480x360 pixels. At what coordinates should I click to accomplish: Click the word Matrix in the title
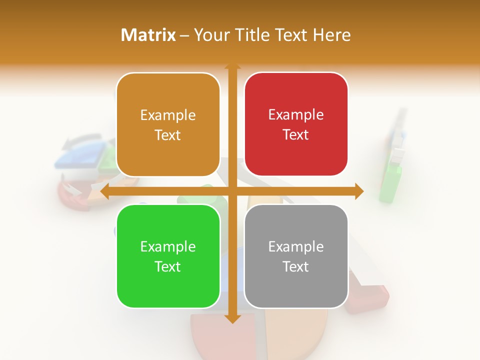(x=148, y=35)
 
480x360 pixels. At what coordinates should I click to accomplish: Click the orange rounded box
(x=168, y=125)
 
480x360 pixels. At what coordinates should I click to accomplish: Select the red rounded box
(x=296, y=124)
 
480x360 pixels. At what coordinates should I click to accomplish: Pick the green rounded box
(x=168, y=256)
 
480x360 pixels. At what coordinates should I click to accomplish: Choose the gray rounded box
(x=296, y=256)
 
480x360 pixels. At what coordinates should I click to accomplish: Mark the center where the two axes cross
(x=232, y=191)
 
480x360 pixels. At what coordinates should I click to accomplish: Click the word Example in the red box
(x=296, y=115)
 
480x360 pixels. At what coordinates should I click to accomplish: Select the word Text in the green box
(x=168, y=266)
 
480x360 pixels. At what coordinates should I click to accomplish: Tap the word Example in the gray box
(x=296, y=246)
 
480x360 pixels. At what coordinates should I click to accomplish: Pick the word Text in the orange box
(x=168, y=135)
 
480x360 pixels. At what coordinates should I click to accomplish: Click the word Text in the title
(x=291, y=35)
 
